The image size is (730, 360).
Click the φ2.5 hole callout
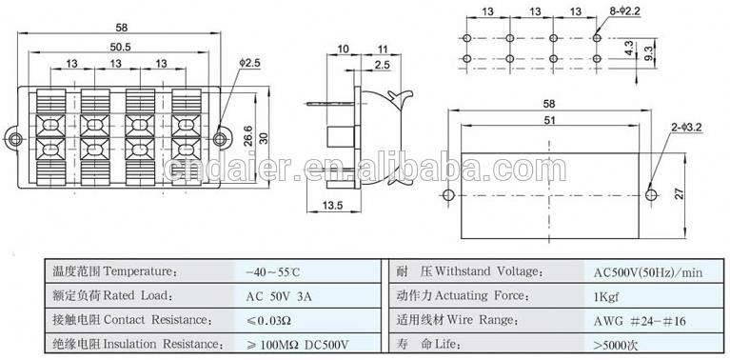(x=250, y=63)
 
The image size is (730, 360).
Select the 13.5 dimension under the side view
(x=333, y=206)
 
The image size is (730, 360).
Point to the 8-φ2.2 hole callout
(x=628, y=12)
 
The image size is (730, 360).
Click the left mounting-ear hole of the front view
(x=15, y=139)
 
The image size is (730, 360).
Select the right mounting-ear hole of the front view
(x=221, y=139)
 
